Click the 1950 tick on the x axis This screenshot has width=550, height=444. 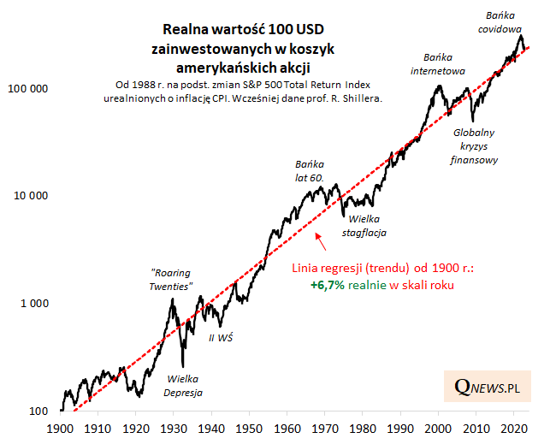pos(249,428)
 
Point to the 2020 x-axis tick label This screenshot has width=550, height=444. pos(514,428)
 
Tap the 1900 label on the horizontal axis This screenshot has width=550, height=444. pos(60,428)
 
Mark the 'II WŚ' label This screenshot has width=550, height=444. pos(222,337)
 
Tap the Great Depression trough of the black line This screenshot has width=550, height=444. pos(183,365)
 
